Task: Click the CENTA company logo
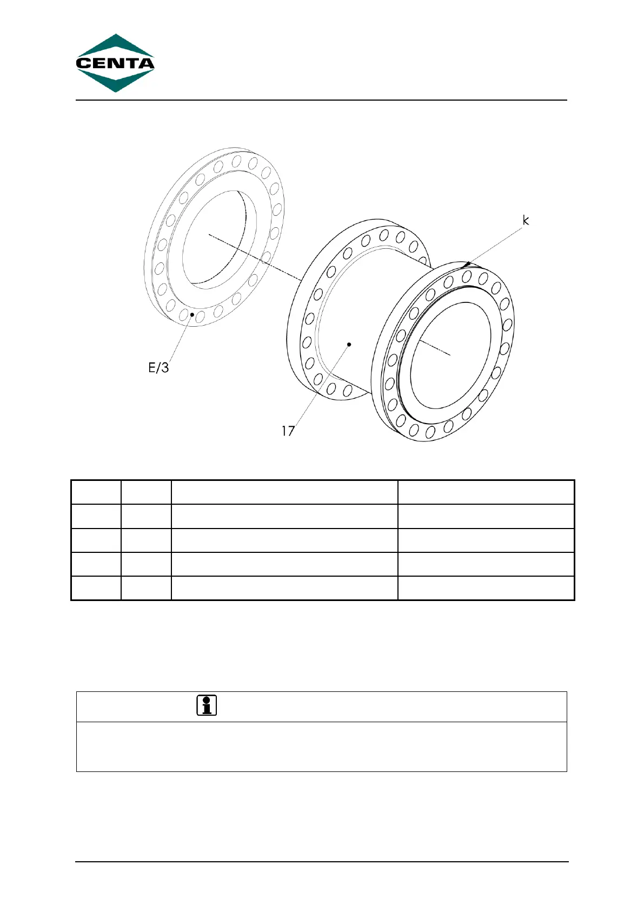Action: click(115, 63)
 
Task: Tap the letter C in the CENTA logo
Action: click(83, 63)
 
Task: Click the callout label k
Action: click(525, 220)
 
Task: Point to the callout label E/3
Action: click(158, 368)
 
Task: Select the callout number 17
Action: click(288, 431)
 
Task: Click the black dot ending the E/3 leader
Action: click(192, 314)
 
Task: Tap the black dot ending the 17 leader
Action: click(349, 344)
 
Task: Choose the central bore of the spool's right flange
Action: click(452, 355)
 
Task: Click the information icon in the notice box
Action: click(206, 705)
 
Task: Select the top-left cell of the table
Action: click(96, 492)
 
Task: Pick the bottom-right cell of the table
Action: click(486, 588)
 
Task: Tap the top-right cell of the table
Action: click(486, 492)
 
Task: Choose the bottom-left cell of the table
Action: click(96, 588)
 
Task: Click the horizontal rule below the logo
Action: click(321, 100)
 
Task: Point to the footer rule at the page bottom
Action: click(321, 862)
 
